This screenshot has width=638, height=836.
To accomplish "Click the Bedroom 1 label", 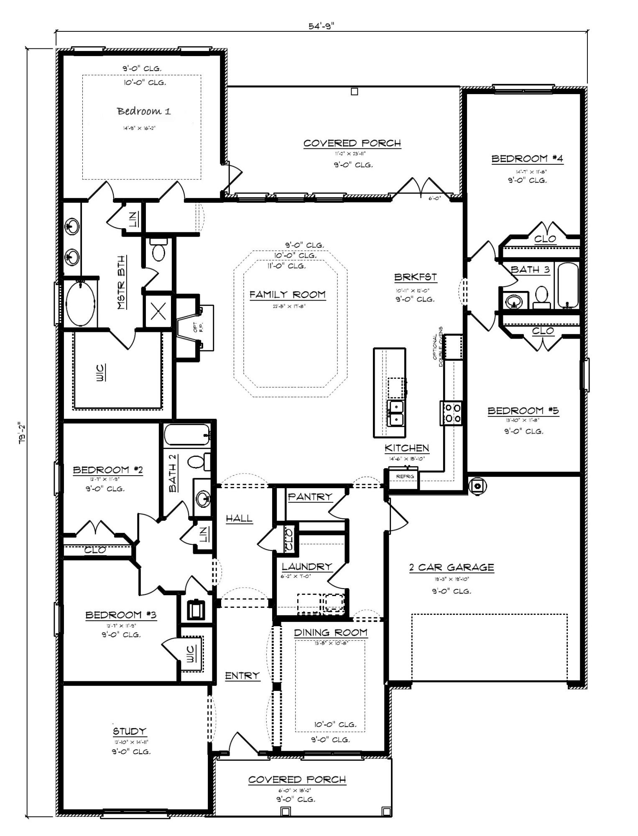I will pyautogui.click(x=143, y=111).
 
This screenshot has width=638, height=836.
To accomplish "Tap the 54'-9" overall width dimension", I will pyautogui.click(x=321, y=26).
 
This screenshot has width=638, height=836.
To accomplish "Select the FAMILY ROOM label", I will pyautogui.click(x=287, y=295).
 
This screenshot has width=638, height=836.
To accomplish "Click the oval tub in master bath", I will pyautogui.click(x=80, y=304).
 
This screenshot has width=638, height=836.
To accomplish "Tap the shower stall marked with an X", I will pyautogui.click(x=158, y=311).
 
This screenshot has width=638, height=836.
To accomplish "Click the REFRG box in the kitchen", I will pyautogui.click(x=404, y=477).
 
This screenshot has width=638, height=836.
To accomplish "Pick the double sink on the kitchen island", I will pyautogui.click(x=395, y=413).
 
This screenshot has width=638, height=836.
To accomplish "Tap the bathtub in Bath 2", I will pyautogui.click(x=186, y=435).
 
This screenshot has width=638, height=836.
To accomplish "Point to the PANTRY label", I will pyautogui.click(x=310, y=497).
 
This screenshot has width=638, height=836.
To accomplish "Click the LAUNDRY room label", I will pyautogui.click(x=306, y=567).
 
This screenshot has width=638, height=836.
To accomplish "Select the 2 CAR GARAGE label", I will pyautogui.click(x=451, y=567).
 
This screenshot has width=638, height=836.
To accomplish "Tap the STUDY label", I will pyautogui.click(x=130, y=731).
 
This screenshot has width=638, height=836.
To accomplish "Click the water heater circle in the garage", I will pyautogui.click(x=477, y=486).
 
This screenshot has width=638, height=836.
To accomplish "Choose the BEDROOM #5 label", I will pyautogui.click(x=523, y=410).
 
